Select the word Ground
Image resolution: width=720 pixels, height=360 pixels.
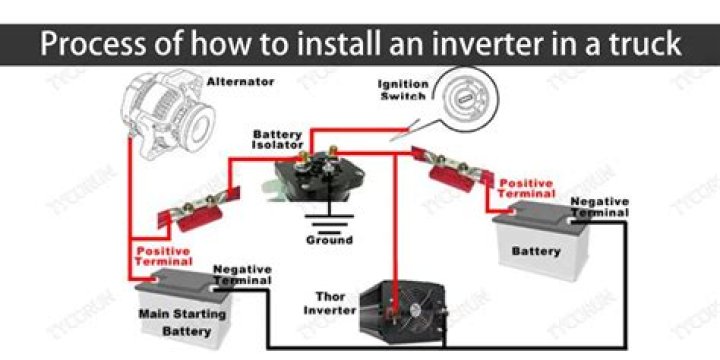329,240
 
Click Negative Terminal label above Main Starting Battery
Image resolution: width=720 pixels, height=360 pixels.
242,276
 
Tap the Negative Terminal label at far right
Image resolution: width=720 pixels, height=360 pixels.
599,207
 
